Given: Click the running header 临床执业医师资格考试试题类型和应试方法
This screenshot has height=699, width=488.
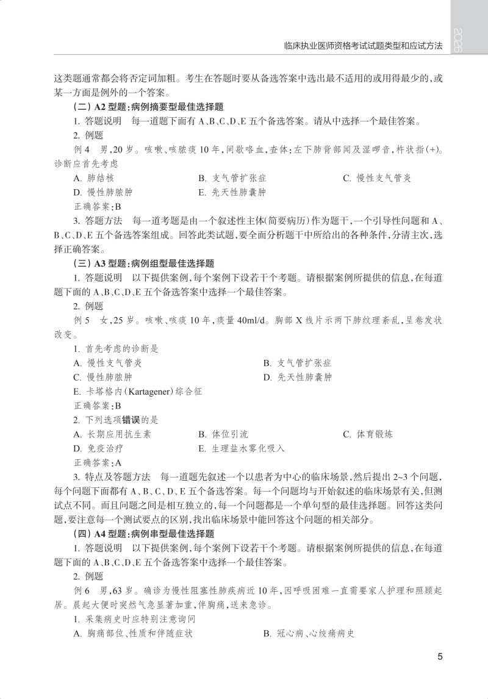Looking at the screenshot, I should [x=364, y=46].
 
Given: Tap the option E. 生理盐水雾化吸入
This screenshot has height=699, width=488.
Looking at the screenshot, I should [x=241, y=448].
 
